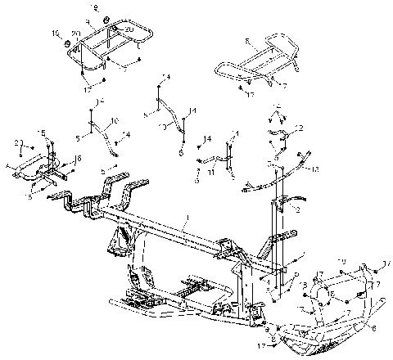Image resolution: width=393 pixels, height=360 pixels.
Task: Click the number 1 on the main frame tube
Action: (187, 220)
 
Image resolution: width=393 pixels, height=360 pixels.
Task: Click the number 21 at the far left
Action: (16, 142)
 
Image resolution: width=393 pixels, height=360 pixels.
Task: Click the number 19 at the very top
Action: (93, 7)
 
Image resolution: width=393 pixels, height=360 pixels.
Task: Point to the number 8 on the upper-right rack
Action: (246, 39)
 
